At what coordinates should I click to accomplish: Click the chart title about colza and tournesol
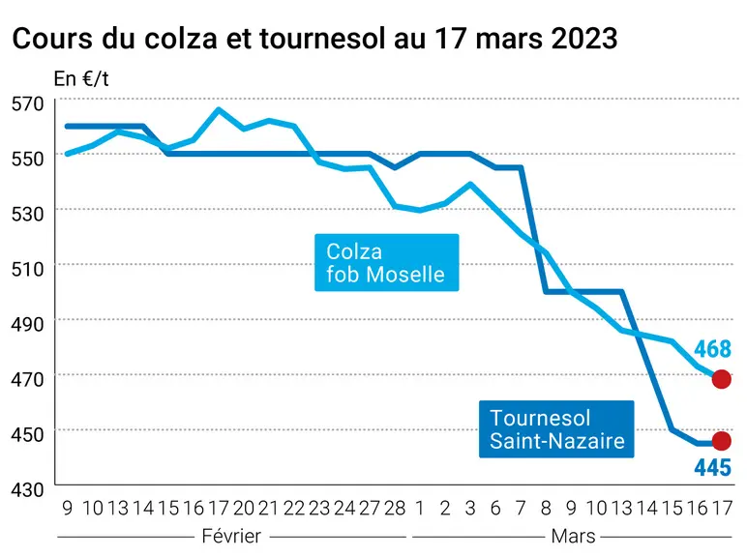314,38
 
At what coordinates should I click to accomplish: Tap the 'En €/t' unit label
81,79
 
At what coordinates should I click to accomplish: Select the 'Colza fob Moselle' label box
387,262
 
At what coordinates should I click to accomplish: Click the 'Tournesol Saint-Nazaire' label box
556,429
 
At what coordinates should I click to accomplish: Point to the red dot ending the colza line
721,379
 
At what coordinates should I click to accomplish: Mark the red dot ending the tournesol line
721,441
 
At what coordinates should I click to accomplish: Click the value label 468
712,349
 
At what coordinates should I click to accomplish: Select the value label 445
713,467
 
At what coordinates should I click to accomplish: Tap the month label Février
231,536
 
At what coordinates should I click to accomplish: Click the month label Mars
573,536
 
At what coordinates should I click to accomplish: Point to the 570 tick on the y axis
28,103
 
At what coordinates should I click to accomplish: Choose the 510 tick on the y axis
28,269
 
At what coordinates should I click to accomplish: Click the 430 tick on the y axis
28,489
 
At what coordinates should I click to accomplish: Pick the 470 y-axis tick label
28,379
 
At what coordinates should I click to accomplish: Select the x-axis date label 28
395,509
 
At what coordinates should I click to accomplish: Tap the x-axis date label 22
294,509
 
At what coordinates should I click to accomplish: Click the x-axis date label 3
470,509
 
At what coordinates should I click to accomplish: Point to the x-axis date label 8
546,509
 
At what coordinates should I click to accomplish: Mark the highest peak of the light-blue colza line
218,109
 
